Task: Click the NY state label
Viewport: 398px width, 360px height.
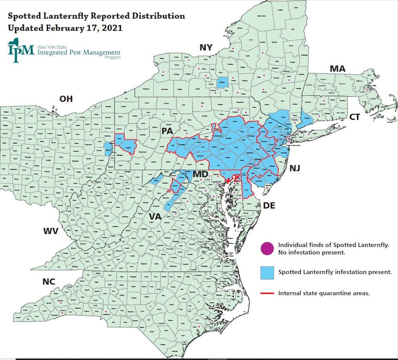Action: (x=206, y=47)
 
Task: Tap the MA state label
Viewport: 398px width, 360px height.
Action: (x=337, y=69)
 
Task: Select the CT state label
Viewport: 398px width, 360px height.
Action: (x=354, y=117)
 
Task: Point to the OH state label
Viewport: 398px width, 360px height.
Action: (x=66, y=99)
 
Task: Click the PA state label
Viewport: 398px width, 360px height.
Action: (x=168, y=131)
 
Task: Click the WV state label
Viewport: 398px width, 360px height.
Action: (x=51, y=231)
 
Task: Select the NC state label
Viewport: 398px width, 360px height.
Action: (x=49, y=282)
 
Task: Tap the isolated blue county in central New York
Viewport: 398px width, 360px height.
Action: (x=222, y=82)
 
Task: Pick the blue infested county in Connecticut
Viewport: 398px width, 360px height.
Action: (x=306, y=116)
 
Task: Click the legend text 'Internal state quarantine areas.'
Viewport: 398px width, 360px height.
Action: (x=324, y=293)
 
